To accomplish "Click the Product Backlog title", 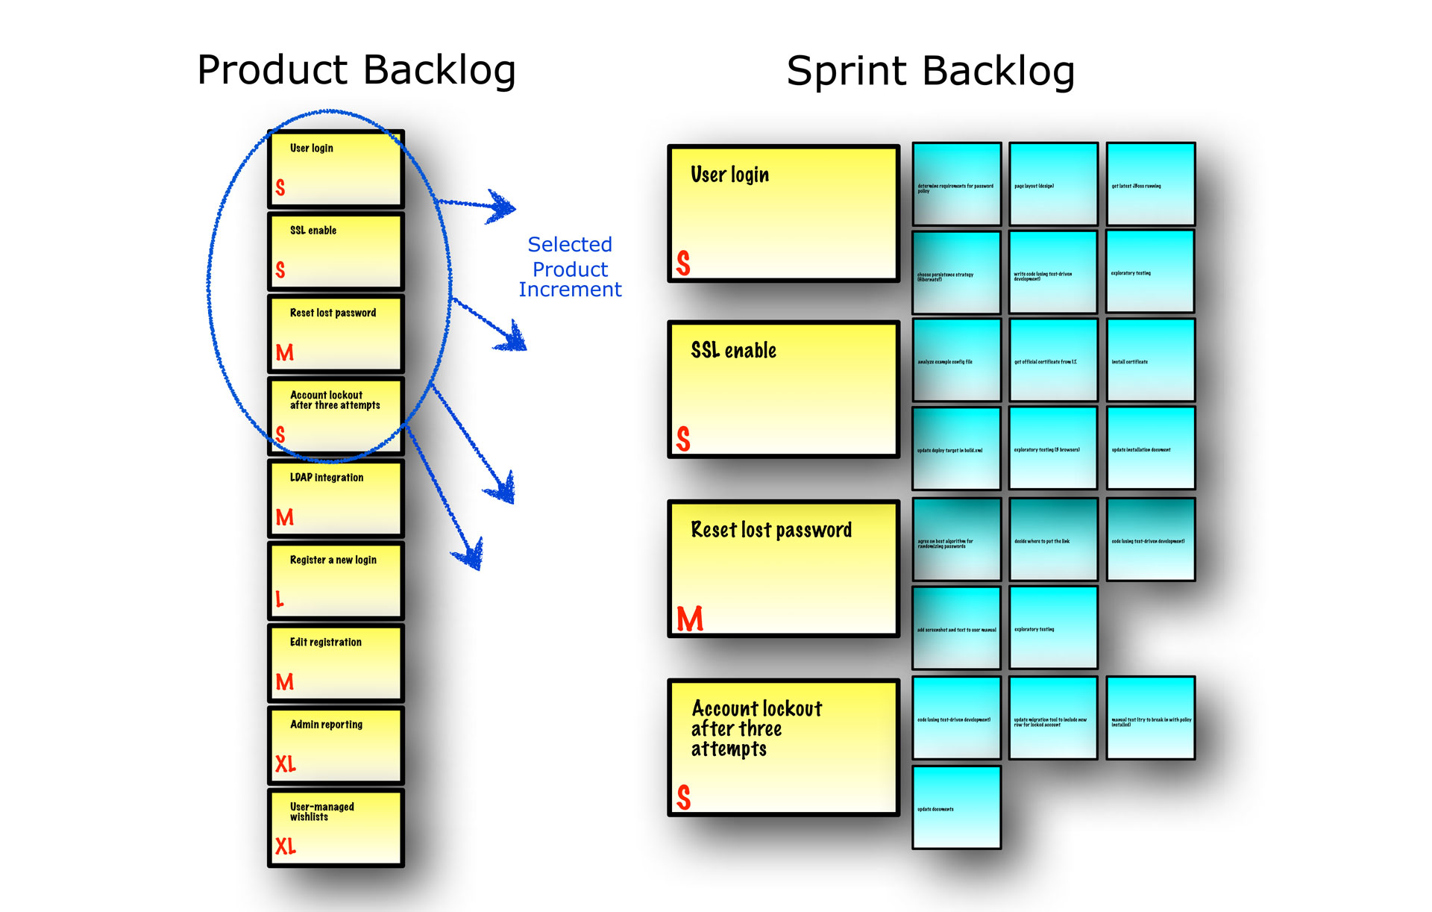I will click(356, 70).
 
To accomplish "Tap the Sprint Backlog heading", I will click(930, 72).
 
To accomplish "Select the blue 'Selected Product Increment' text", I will click(570, 267).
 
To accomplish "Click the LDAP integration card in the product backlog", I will click(336, 498).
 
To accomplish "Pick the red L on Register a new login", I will click(280, 599).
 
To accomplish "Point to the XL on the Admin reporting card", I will click(285, 763).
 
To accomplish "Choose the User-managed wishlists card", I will click(336, 828).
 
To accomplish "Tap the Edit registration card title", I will click(325, 642).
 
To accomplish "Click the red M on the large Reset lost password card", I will click(689, 619).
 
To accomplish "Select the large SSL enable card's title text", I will click(733, 351).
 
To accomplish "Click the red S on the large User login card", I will click(683, 263).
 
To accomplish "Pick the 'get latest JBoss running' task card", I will click(1150, 184).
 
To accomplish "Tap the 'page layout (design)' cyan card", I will click(1053, 184).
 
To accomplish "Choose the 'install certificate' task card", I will click(1150, 360).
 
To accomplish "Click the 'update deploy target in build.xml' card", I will click(956, 448).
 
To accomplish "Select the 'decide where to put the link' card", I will click(1053, 539).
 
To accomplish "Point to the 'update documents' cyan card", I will click(956, 807).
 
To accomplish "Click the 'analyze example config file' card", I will click(956, 360).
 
